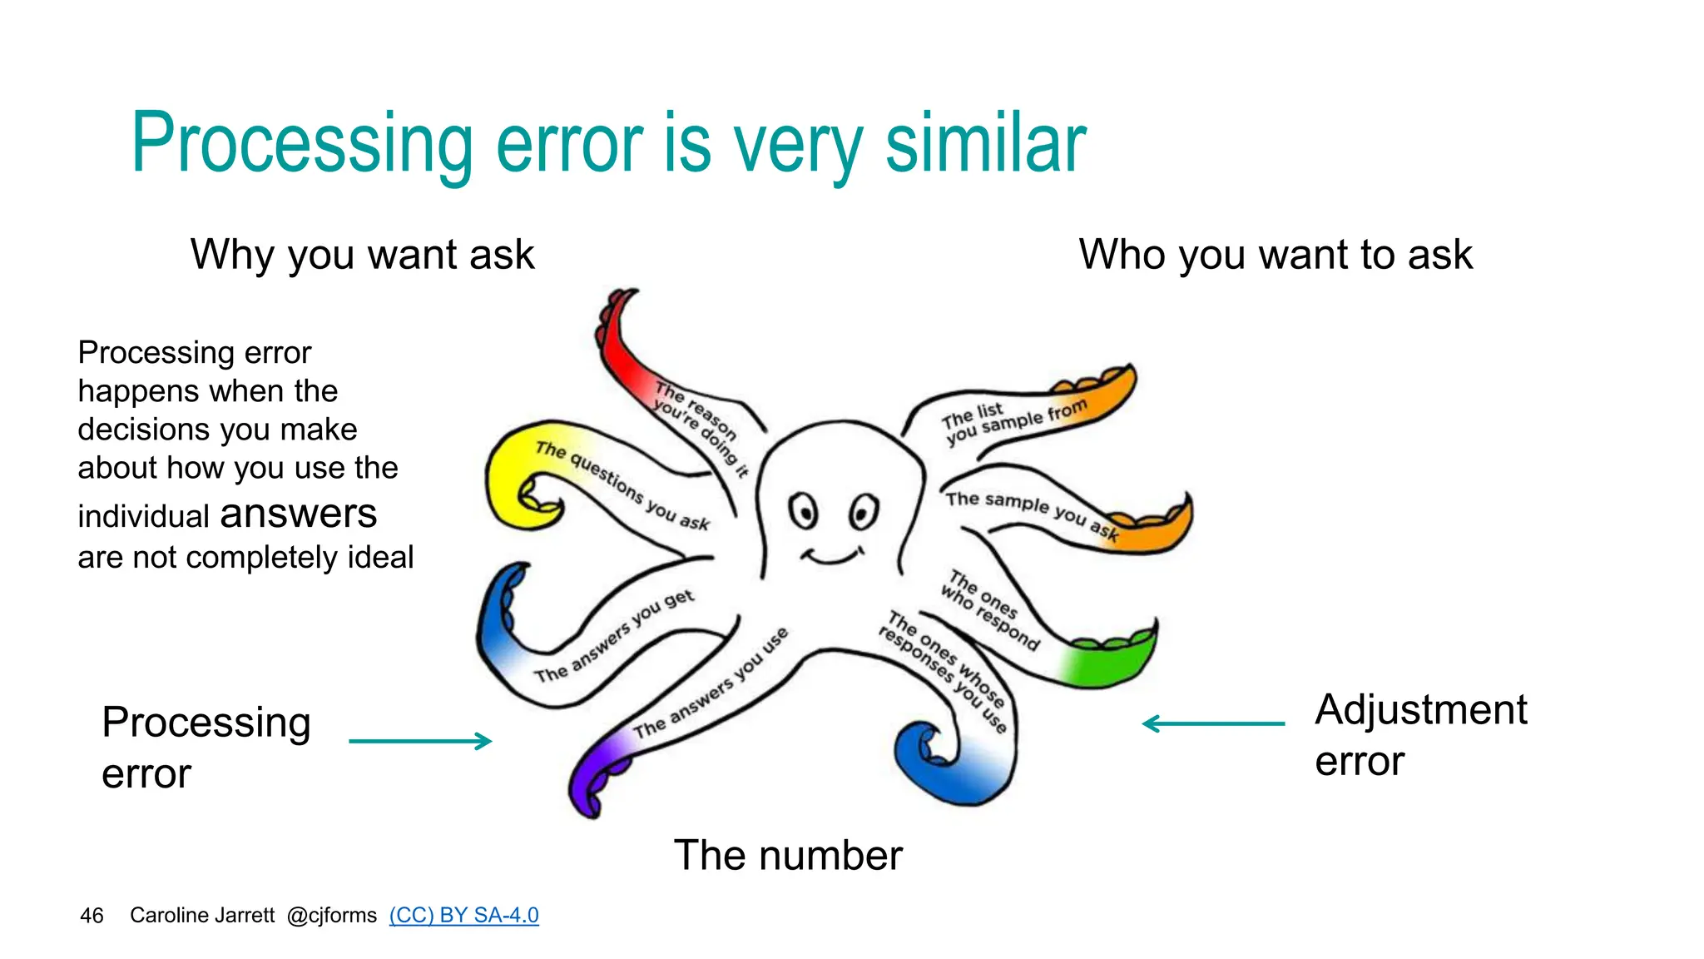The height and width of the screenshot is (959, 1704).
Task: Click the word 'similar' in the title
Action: click(x=985, y=144)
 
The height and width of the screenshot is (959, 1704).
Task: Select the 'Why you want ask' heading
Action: click(x=362, y=255)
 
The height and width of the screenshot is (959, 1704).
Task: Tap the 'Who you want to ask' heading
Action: click(x=1275, y=255)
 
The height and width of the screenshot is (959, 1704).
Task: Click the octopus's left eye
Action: click(x=803, y=510)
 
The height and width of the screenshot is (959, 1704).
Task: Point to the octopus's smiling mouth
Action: click(x=832, y=556)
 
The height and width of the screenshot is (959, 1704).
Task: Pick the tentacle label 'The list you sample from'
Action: click(x=1011, y=420)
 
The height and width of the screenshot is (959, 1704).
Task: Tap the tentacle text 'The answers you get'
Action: click(x=614, y=637)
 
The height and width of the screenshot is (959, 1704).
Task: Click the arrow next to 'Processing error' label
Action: click(x=420, y=741)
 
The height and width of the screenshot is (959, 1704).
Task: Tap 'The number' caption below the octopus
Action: click(x=787, y=856)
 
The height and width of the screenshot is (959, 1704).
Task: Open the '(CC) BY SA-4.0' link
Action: click(x=463, y=916)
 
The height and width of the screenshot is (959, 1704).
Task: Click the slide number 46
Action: click(x=92, y=916)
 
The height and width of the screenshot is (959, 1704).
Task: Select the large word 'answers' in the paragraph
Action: click(x=298, y=514)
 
